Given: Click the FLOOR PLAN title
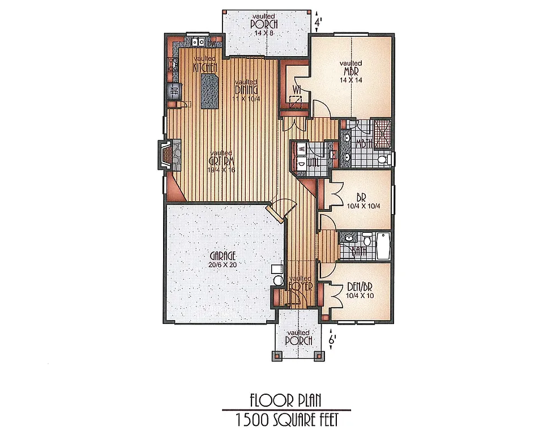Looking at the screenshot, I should (x=285, y=400).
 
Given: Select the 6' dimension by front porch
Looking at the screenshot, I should (x=333, y=340).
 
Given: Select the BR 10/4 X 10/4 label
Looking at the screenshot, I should (x=361, y=202).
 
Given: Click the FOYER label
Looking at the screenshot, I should (x=301, y=284).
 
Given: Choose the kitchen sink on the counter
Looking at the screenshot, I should (x=198, y=41).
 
